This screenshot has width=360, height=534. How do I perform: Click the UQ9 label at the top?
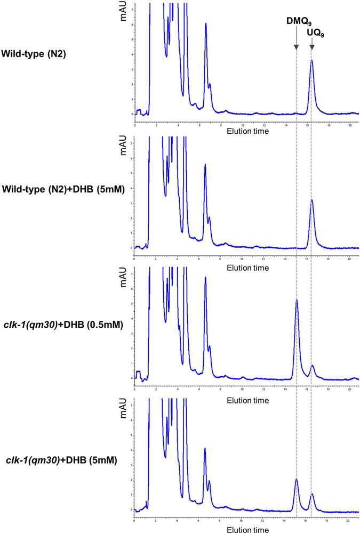315,33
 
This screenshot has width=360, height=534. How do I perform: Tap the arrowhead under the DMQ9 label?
296,48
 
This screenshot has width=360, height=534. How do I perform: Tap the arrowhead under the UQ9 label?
311,48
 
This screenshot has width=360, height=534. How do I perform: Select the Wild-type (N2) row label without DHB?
34,53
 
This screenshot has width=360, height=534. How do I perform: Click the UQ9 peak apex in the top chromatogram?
311,61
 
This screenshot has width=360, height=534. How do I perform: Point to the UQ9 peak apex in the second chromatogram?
311,200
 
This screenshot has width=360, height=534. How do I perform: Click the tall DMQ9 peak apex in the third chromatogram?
297,301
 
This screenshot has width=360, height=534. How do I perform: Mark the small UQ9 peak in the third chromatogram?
312,366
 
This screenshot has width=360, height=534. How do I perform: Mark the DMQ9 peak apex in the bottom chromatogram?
297,480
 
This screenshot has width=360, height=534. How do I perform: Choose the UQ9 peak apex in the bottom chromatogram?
312,494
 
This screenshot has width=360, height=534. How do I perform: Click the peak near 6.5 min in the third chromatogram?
205,278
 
